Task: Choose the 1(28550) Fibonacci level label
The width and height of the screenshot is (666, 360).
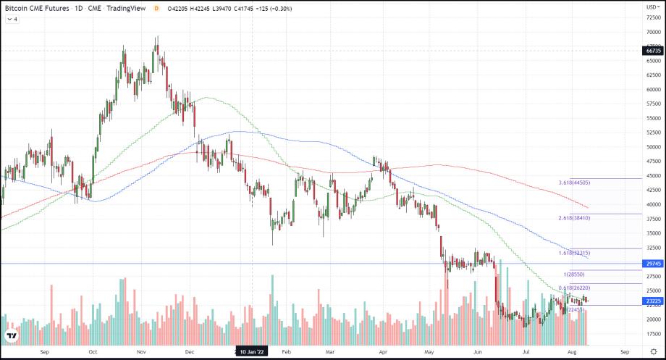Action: coord(574,275)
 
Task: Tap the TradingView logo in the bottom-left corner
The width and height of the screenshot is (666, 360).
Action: coord(12,335)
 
